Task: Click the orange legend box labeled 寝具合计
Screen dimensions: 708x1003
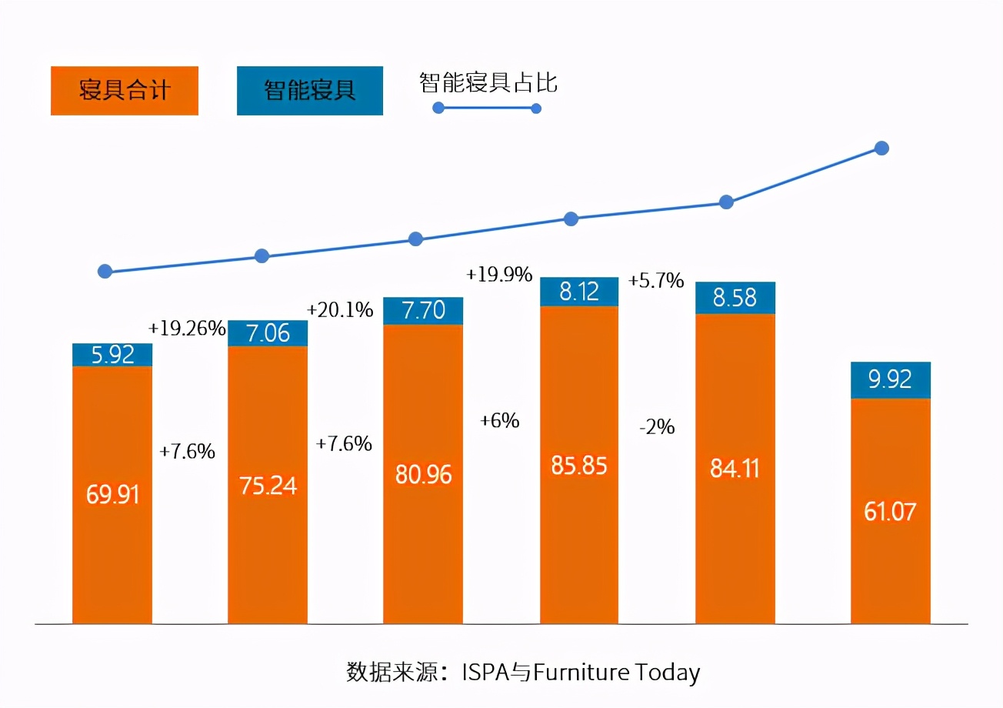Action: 125,91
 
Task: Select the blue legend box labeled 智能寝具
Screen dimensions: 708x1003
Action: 309,91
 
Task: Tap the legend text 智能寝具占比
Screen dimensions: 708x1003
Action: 488,82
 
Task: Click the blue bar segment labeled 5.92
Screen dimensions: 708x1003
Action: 112,355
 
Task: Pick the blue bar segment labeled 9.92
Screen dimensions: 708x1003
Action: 891,380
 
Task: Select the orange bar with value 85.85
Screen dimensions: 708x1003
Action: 579,465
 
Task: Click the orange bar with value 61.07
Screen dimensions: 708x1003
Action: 891,511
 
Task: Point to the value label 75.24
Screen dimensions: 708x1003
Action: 268,486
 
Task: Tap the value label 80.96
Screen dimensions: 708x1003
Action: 423,475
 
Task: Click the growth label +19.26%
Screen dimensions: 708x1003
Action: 188,329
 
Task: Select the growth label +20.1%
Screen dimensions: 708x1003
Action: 339,310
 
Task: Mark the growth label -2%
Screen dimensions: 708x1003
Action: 656,427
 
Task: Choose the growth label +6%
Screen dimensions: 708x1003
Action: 499,421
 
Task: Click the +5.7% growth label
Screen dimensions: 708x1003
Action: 656,281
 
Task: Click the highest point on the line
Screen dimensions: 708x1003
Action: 882,148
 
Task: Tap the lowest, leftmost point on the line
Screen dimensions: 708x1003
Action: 105,271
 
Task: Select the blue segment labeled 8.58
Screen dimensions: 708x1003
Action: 735,298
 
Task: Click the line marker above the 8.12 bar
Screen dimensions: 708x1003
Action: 571,219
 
